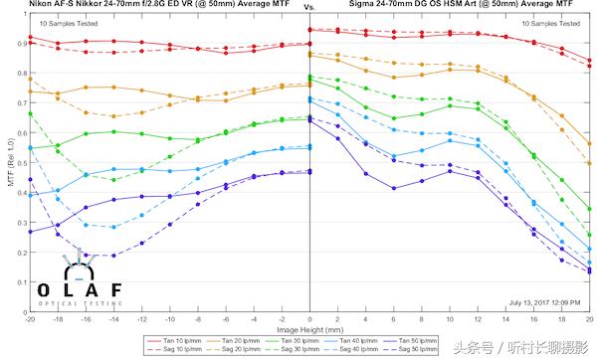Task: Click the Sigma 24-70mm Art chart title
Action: click(454, 5)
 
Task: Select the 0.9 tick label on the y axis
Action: click(18, 44)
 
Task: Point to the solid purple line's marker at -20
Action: click(30, 232)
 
